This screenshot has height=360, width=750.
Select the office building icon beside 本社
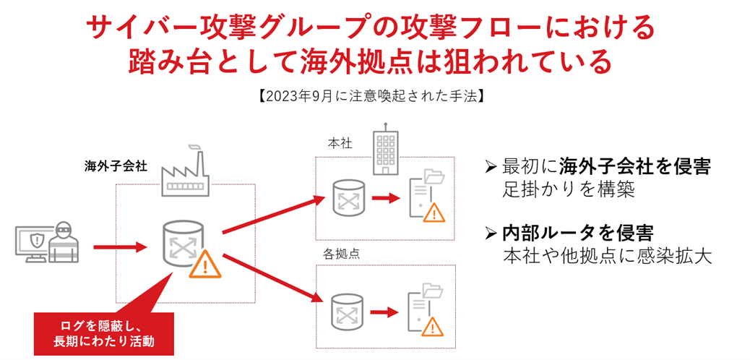click(384, 153)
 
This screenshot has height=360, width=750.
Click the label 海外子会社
click(116, 166)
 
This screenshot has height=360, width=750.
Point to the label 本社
click(340, 144)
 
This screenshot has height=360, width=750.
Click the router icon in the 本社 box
click(347, 197)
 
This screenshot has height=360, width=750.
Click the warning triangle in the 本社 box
click(434, 213)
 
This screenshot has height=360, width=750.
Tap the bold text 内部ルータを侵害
click(577, 233)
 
